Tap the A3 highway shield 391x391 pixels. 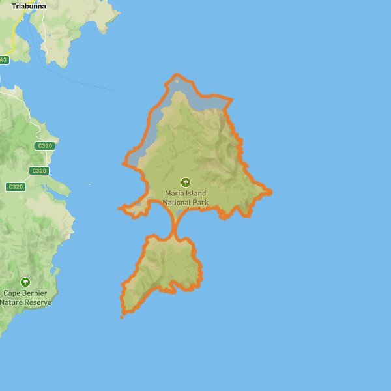click(4, 60)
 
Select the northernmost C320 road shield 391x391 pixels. click(45, 145)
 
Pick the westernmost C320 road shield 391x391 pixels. click(16, 187)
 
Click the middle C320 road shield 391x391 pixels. click(39, 171)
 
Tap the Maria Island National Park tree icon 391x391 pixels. click(186, 182)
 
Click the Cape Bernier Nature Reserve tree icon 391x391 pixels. click(25, 282)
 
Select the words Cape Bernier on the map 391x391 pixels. click(25, 294)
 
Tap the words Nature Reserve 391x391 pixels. click(25, 302)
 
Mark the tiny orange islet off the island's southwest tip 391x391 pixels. click(122, 317)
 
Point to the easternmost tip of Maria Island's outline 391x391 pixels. click(271, 192)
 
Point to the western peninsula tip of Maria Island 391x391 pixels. click(120, 209)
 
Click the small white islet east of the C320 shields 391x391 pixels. click(90, 184)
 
